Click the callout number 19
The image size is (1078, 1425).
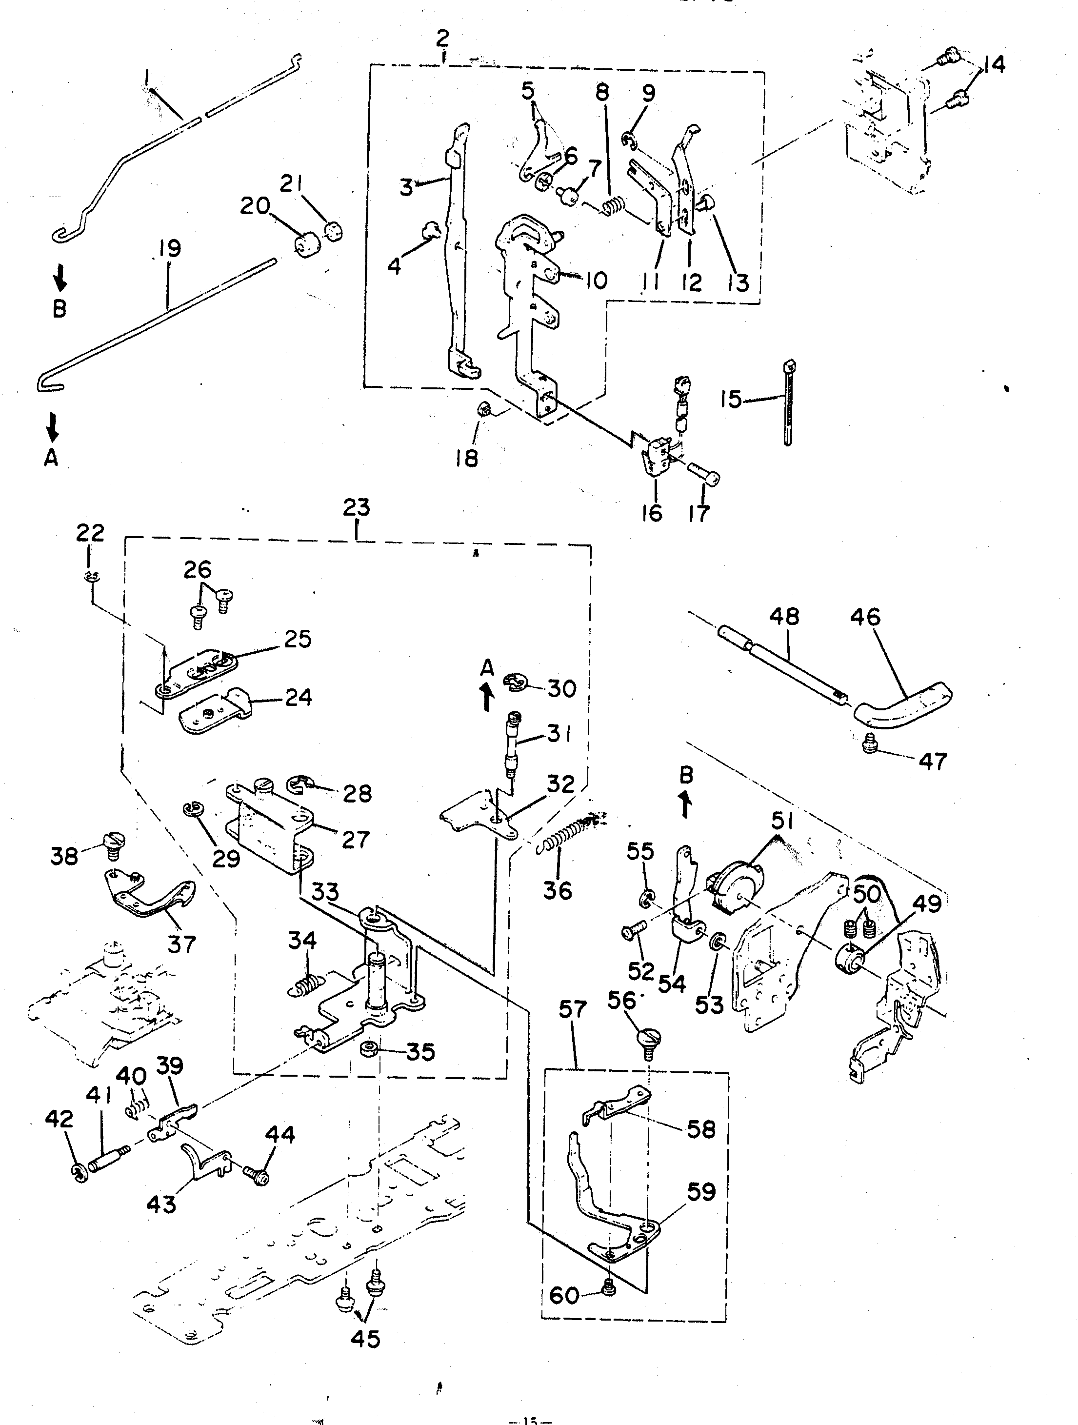click(x=169, y=249)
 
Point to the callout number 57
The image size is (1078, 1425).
click(x=573, y=1010)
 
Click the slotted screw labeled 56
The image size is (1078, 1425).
click(x=649, y=1039)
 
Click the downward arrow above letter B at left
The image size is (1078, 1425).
click(x=59, y=278)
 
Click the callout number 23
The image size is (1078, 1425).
click(x=356, y=508)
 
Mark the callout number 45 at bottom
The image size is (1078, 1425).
click(x=365, y=1338)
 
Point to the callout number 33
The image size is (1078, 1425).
click(x=325, y=892)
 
